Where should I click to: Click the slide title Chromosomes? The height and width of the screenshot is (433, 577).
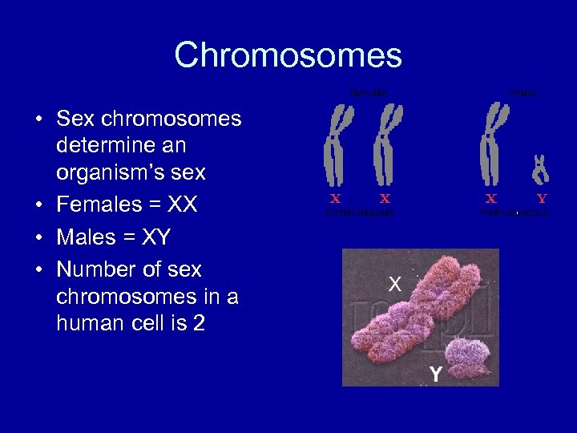point(288,55)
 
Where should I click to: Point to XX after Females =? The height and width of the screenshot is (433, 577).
point(184,204)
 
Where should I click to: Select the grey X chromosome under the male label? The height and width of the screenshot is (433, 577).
point(490,144)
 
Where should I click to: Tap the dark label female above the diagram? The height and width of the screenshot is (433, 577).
point(368,93)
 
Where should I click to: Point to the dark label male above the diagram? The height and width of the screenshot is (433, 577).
point(523,93)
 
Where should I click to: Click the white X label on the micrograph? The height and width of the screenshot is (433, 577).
point(394,283)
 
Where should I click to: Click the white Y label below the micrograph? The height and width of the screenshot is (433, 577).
point(435,374)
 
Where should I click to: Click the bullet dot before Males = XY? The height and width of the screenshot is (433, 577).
point(38,238)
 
